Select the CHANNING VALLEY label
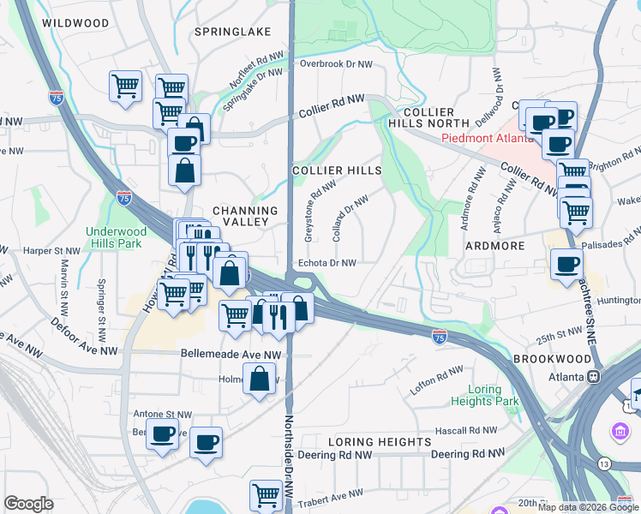(245, 216)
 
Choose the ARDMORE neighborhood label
(494, 246)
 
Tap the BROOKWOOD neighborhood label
(548, 360)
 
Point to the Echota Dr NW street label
(326, 264)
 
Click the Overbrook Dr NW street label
(337, 64)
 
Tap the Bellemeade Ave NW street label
(231, 354)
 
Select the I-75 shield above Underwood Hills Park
(124, 198)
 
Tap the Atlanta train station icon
(592, 377)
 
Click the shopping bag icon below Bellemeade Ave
(258, 378)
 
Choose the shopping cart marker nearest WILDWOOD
(125, 85)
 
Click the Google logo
(28, 504)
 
